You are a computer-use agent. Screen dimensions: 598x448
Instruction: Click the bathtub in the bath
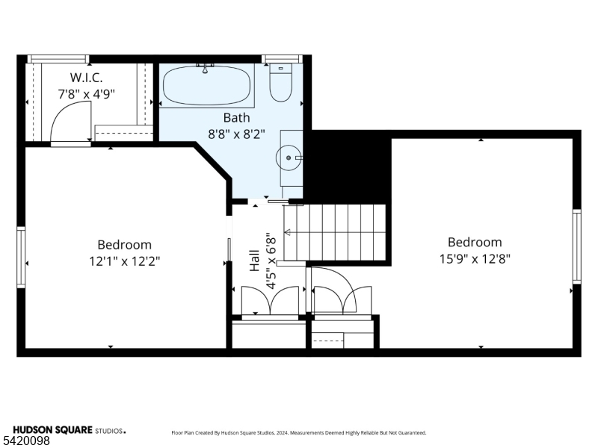(x=207, y=86)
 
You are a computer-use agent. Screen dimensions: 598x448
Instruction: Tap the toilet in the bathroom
(x=281, y=83)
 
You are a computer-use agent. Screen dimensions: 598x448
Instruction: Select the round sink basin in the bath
(x=289, y=158)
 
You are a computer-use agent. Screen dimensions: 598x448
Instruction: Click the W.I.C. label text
(x=86, y=78)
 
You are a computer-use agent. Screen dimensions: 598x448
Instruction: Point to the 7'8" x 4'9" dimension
(x=86, y=94)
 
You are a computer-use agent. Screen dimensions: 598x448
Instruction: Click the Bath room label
(x=236, y=118)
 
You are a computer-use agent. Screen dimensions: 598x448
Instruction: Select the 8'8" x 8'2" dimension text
(x=236, y=134)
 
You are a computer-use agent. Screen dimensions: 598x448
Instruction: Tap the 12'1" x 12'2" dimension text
(x=124, y=261)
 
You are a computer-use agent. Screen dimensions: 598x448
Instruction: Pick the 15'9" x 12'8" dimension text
(x=475, y=259)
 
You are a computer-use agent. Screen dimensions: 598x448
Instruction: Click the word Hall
(x=254, y=261)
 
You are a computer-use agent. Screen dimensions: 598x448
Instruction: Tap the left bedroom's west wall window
(x=21, y=257)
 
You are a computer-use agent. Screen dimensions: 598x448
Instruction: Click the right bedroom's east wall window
(x=576, y=246)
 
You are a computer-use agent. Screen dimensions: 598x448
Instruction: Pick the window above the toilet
(x=282, y=59)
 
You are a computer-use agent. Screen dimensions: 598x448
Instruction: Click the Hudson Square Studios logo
(x=69, y=430)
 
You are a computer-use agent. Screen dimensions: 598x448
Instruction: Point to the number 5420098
(x=25, y=441)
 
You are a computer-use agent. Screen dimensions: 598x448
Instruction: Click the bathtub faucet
(x=205, y=69)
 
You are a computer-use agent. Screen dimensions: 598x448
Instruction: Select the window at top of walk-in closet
(x=58, y=59)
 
